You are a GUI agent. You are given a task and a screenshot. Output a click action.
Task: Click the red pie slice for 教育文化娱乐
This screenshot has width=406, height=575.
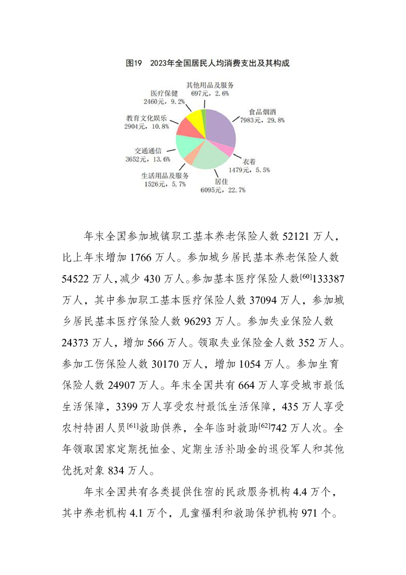point(185,128)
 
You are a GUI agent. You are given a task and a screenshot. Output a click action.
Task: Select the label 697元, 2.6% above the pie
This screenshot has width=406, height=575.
point(210,94)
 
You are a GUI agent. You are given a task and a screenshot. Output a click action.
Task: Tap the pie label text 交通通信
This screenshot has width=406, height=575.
point(148,151)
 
